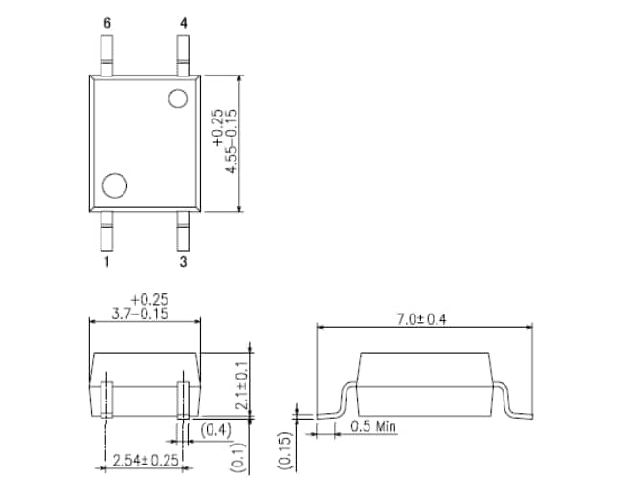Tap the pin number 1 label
click(106, 260)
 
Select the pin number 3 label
click(182, 260)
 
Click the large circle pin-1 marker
click(115, 185)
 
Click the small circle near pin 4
click(178, 98)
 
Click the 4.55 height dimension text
click(230, 141)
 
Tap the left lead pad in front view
click(106, 399)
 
